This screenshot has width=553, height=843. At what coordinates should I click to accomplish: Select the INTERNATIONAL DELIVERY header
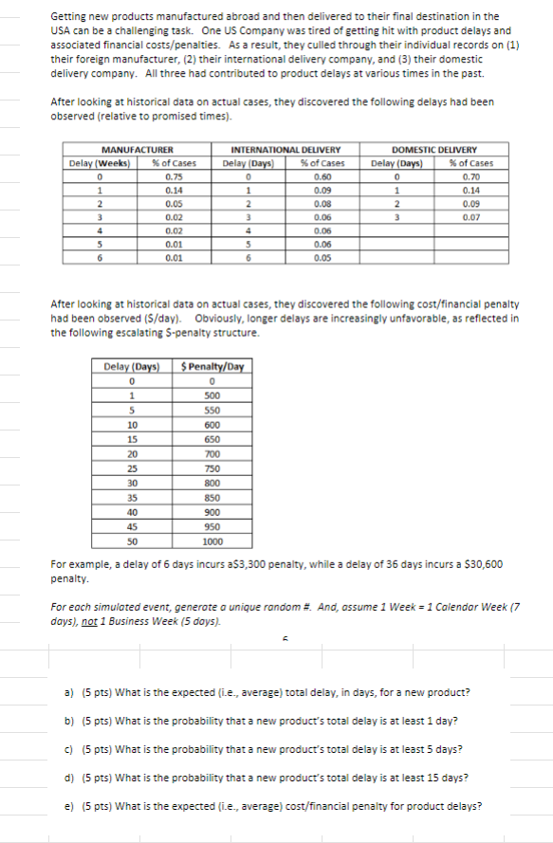(286, 149)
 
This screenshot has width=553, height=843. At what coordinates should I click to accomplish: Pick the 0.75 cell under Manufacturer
(174, 175)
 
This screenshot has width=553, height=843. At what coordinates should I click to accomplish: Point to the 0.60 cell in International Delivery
(322, 175)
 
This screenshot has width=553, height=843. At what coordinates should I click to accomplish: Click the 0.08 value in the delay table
(322, 203)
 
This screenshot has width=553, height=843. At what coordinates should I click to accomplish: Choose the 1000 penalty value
(214, 541)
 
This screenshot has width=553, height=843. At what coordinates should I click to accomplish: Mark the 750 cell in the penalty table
(214, 468)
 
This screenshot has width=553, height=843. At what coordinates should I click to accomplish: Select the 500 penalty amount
(214, 395)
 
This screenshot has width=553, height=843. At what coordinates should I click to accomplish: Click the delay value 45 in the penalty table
(134, 526)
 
